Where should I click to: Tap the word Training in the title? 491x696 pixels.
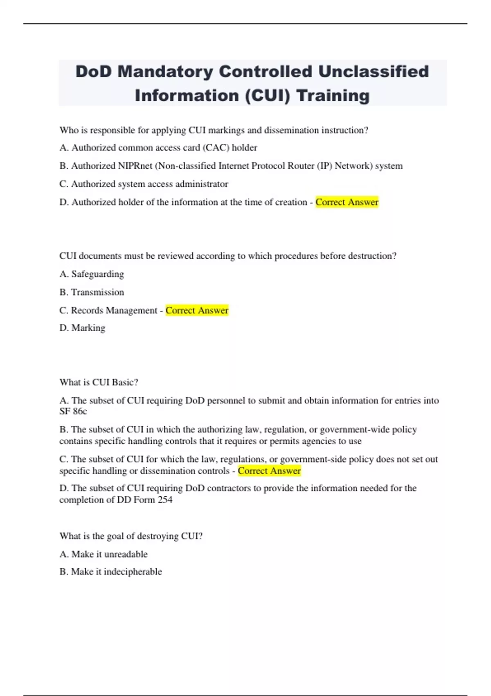coord(333,96)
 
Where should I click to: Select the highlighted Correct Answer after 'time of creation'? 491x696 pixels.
coord(347,202)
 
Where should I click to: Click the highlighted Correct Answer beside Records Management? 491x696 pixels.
coord(197,310)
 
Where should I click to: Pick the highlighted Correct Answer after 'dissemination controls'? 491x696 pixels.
coord(269,471)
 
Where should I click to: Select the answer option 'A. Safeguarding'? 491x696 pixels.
coord(92,274)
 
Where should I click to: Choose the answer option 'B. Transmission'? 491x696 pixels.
coord(92,292)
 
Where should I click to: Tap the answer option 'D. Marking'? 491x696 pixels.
coord(82,328)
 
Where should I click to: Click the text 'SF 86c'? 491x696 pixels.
coord(73,411)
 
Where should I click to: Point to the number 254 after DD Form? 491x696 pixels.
coord(165,500)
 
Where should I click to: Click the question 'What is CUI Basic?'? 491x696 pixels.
coord(99,382)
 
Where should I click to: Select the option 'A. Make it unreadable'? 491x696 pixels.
coord(104,554)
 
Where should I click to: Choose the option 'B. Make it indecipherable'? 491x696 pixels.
coord(110,572)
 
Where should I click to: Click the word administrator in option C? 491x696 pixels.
coord(202,184)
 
